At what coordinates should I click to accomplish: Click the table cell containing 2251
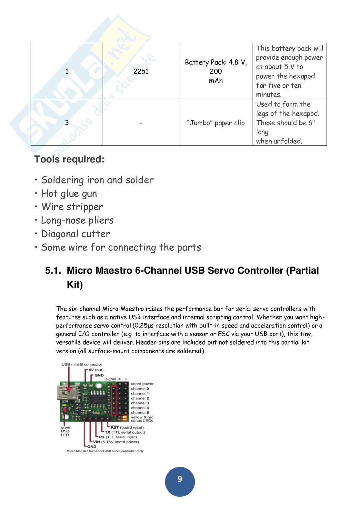(141, 71)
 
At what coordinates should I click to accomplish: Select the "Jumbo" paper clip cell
(216, 123)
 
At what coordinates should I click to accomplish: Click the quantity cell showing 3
(67, 123)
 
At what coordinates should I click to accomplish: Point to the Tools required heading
(69, 159)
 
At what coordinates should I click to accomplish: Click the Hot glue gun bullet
(69, 193)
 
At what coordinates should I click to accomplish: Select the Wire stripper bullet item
(72, 207)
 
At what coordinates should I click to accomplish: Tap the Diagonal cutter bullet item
(75, 234)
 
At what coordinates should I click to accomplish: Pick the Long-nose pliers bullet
(77, 220)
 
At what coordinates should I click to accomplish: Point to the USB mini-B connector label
(82, 365)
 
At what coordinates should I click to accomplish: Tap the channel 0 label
(140, 389)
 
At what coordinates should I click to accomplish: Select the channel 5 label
(140, 413)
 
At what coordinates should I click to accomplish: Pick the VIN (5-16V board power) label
(116, 442)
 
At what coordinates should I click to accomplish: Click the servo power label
(142, 384)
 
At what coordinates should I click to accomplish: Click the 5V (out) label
(96, 370)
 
